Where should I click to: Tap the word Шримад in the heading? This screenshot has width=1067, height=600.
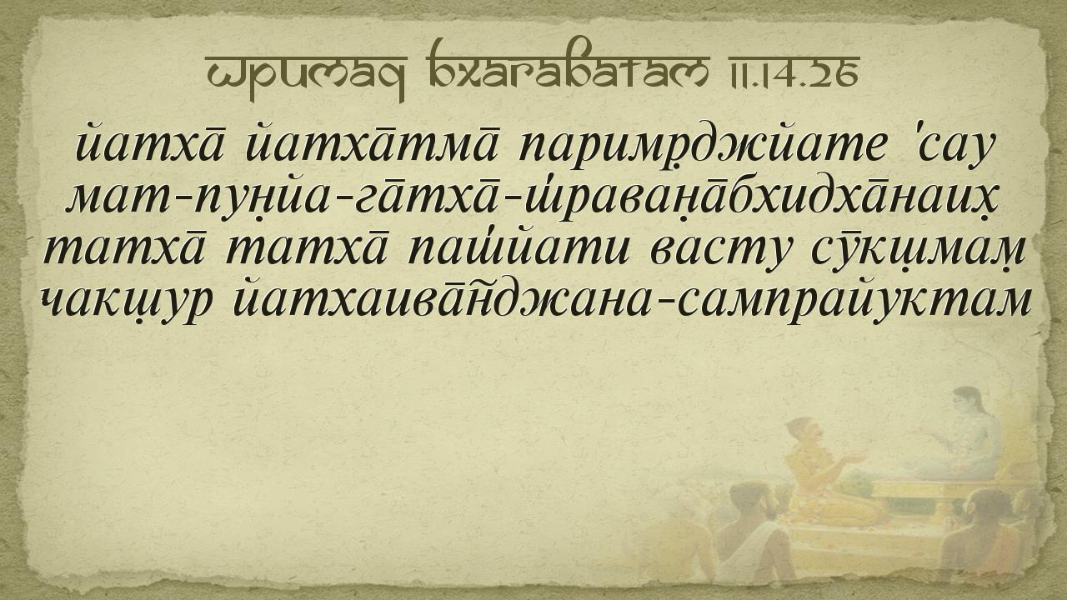coord(305,76)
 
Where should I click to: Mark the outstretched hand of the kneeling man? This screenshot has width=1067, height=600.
coord(854,459)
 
